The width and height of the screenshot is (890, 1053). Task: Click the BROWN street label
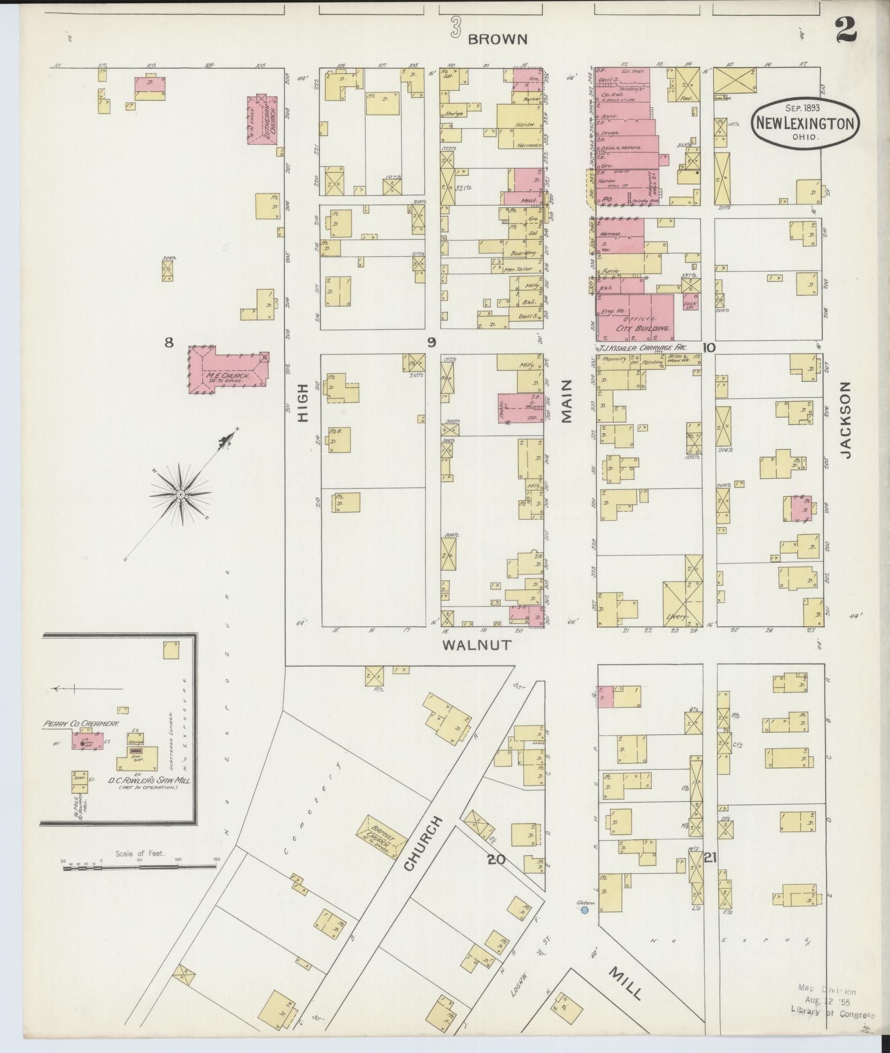point(498,39)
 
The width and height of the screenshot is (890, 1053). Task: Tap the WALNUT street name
point(477,645)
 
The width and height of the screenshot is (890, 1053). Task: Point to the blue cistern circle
point(584,910)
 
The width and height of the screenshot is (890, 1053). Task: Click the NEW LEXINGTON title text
point(804,123)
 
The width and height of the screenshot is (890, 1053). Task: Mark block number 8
point(169,343)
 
